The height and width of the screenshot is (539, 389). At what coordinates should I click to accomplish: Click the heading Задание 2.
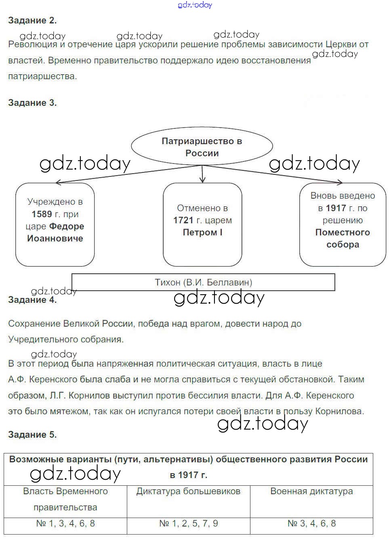tap(32, 20)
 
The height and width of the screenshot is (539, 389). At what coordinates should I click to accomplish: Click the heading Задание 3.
tap(32, 103)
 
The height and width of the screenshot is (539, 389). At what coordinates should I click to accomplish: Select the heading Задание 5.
tap(32, 434)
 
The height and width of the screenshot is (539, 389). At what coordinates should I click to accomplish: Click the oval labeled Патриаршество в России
tap(202, 147)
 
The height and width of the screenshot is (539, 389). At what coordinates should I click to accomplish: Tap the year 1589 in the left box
tap(42, 214)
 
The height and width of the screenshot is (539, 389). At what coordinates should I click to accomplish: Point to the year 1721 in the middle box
tap(183, 220)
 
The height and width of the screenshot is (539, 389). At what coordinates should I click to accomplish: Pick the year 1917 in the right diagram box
tap(336, 208)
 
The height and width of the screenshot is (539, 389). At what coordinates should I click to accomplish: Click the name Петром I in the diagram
tap(202, 232)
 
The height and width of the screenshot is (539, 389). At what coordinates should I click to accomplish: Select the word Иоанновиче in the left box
tap(55, 238)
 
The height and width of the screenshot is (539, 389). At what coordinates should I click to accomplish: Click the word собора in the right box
tap(343, 244)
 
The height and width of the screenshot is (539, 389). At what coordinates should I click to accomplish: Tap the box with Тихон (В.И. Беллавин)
tap(203, 282)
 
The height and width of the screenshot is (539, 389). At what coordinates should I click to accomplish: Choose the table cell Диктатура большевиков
tap(188, 491)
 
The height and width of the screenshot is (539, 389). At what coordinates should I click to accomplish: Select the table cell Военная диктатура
tap(311, 491)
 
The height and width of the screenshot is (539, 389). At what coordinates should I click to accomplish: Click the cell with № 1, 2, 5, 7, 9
tap(188, 524)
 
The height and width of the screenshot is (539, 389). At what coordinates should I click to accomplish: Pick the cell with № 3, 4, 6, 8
tap(311, 524)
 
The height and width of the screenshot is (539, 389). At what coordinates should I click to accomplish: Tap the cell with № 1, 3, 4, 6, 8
tap(65, 524)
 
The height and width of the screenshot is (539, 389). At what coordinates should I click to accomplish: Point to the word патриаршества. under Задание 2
tap(42, 76)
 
